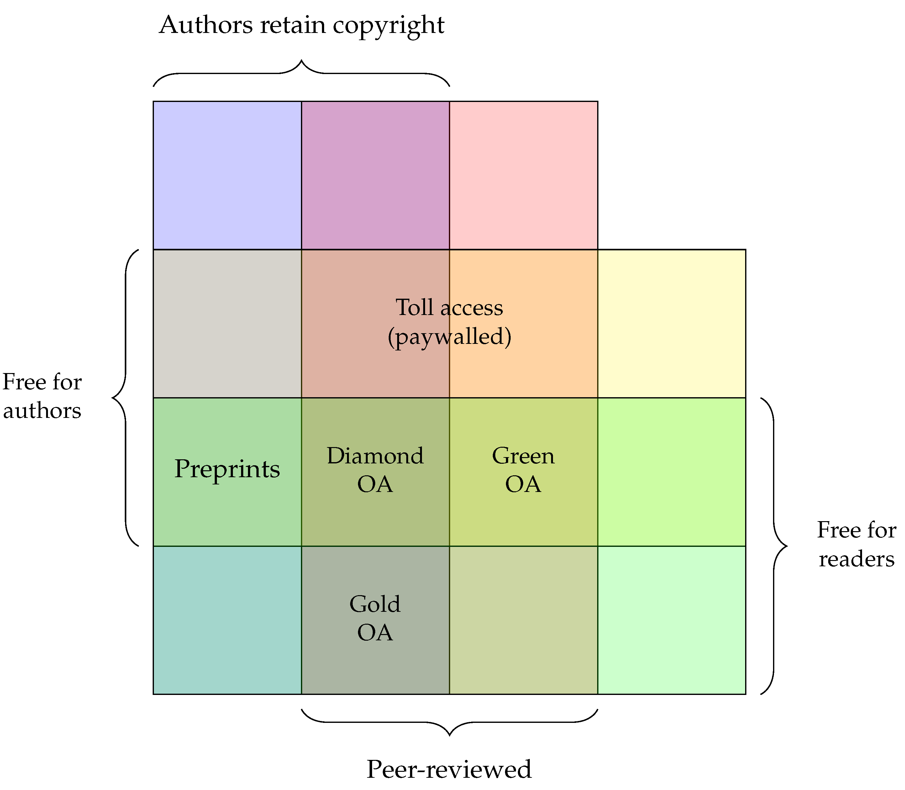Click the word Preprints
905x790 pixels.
coord(227,469)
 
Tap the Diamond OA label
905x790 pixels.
coord(375,470)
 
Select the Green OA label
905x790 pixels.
coord(523,470)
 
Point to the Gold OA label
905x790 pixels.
coord(375,618)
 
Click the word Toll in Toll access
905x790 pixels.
coord(414,307)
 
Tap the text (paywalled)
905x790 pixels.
coord(449,337)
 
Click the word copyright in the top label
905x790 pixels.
coord(388,25)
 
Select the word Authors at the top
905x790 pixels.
coord(206,25)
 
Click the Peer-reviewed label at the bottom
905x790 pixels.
coord(449,769)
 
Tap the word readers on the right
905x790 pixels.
coord(856,559)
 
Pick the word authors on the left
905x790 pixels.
coord(42,411)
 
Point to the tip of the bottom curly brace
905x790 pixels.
coord(449,735)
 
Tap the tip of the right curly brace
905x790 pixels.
coord(787,546)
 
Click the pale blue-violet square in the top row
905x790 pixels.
coord(227,175)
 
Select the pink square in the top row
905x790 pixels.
coord(523,175)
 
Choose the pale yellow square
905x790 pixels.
coord(671,323)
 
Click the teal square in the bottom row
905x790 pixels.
coord(227,620)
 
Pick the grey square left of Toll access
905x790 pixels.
coord(227,323)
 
